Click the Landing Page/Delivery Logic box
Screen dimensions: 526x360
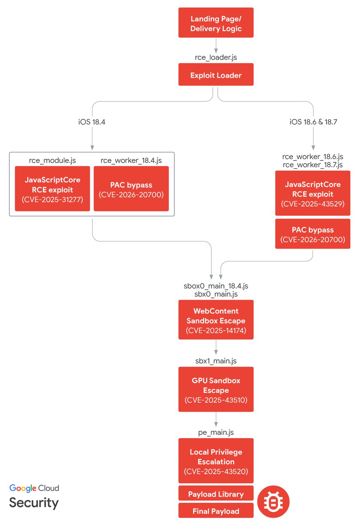click(216, 23)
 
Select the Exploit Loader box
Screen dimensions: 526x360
click(216, 75)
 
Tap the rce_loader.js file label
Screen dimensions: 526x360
click(216, 57)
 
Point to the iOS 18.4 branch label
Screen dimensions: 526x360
click(92, 122)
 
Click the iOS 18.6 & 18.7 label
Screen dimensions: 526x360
click(313, 122)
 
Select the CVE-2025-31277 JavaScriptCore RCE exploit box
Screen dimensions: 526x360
click(53, 189)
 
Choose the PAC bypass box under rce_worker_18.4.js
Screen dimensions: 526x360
click(131, 189)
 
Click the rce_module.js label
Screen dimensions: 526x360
click(53, 160)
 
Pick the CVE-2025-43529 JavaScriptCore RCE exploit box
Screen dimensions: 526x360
click(313, 193)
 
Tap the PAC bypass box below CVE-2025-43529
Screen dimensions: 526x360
click(313, 234)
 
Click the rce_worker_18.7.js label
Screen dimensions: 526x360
click(313, 165)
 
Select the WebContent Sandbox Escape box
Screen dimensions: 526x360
click(216, 320)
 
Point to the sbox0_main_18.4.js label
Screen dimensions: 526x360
click(216, 286)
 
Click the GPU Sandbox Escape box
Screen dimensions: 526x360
click(216, 390)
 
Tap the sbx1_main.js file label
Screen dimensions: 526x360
click(216, 361)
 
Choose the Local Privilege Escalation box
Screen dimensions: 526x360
click(216, 461)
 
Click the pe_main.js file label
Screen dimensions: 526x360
click(216, 432)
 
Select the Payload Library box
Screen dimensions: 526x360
click(216, 494)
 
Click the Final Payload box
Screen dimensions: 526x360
click(216, 511)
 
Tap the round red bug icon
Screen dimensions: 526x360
click(273, 502)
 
